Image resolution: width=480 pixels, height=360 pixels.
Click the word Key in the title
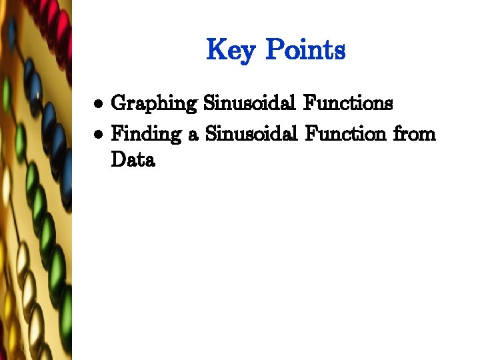click(231, 50)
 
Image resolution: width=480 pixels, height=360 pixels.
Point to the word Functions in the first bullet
click(348, 103)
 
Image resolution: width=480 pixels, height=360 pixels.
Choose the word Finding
click(146, 134)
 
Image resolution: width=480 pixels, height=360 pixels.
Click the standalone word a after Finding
click(193, 135)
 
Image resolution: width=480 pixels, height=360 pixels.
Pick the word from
click(414, 134)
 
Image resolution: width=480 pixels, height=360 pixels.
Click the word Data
click(133, 160)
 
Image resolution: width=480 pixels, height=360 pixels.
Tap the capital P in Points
click(275, 50)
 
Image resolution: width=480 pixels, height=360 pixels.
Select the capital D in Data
click(119, 160)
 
